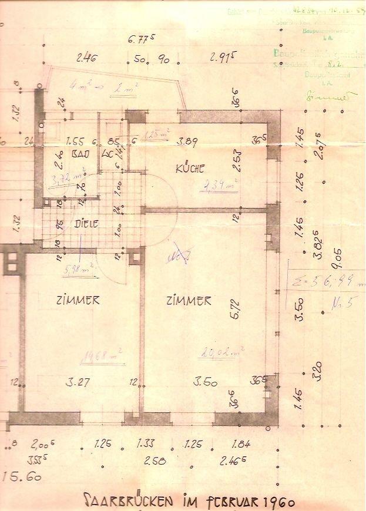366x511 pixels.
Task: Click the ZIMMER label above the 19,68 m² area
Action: [78, 300]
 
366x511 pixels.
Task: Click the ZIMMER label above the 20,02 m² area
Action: [189, 301]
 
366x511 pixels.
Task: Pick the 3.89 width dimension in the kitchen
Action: [188, 141]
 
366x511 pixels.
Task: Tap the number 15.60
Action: [22, 477]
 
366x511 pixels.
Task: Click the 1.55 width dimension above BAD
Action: [75, 142]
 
